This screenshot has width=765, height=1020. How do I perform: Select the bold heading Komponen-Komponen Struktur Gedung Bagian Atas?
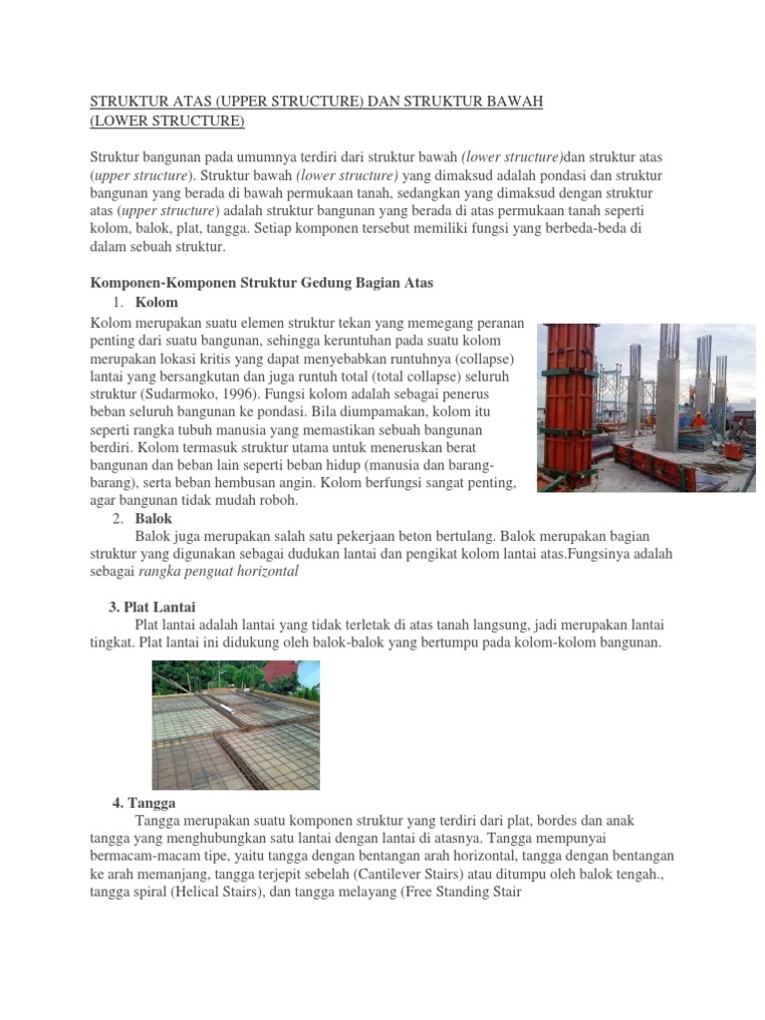point(262,284)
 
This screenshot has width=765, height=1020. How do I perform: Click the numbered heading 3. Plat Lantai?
point(151,607)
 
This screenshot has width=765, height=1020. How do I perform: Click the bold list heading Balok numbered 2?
point(153,519)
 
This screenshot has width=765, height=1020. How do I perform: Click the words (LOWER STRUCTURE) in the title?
point(167,122)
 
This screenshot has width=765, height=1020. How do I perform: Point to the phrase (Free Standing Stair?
point(448,892)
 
